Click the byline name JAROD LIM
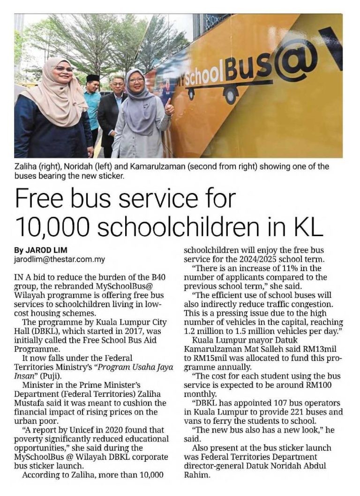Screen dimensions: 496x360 pyautogui.click(x=44, y=251)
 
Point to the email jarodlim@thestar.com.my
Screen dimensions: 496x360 pyautogui.click(x=59, y=259)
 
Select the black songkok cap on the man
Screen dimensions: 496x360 pyautogui.click(x=93, y=77)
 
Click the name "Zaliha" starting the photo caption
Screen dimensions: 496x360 pyautogui.click(x=27, y=166)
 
